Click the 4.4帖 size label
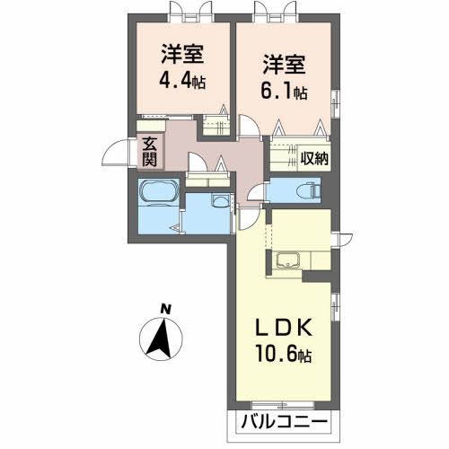coord(182,79)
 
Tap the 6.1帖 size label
coord(285,91)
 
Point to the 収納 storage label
coord(314,160)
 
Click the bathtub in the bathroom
coord(158,193)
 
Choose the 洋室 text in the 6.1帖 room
coord(285,65)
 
